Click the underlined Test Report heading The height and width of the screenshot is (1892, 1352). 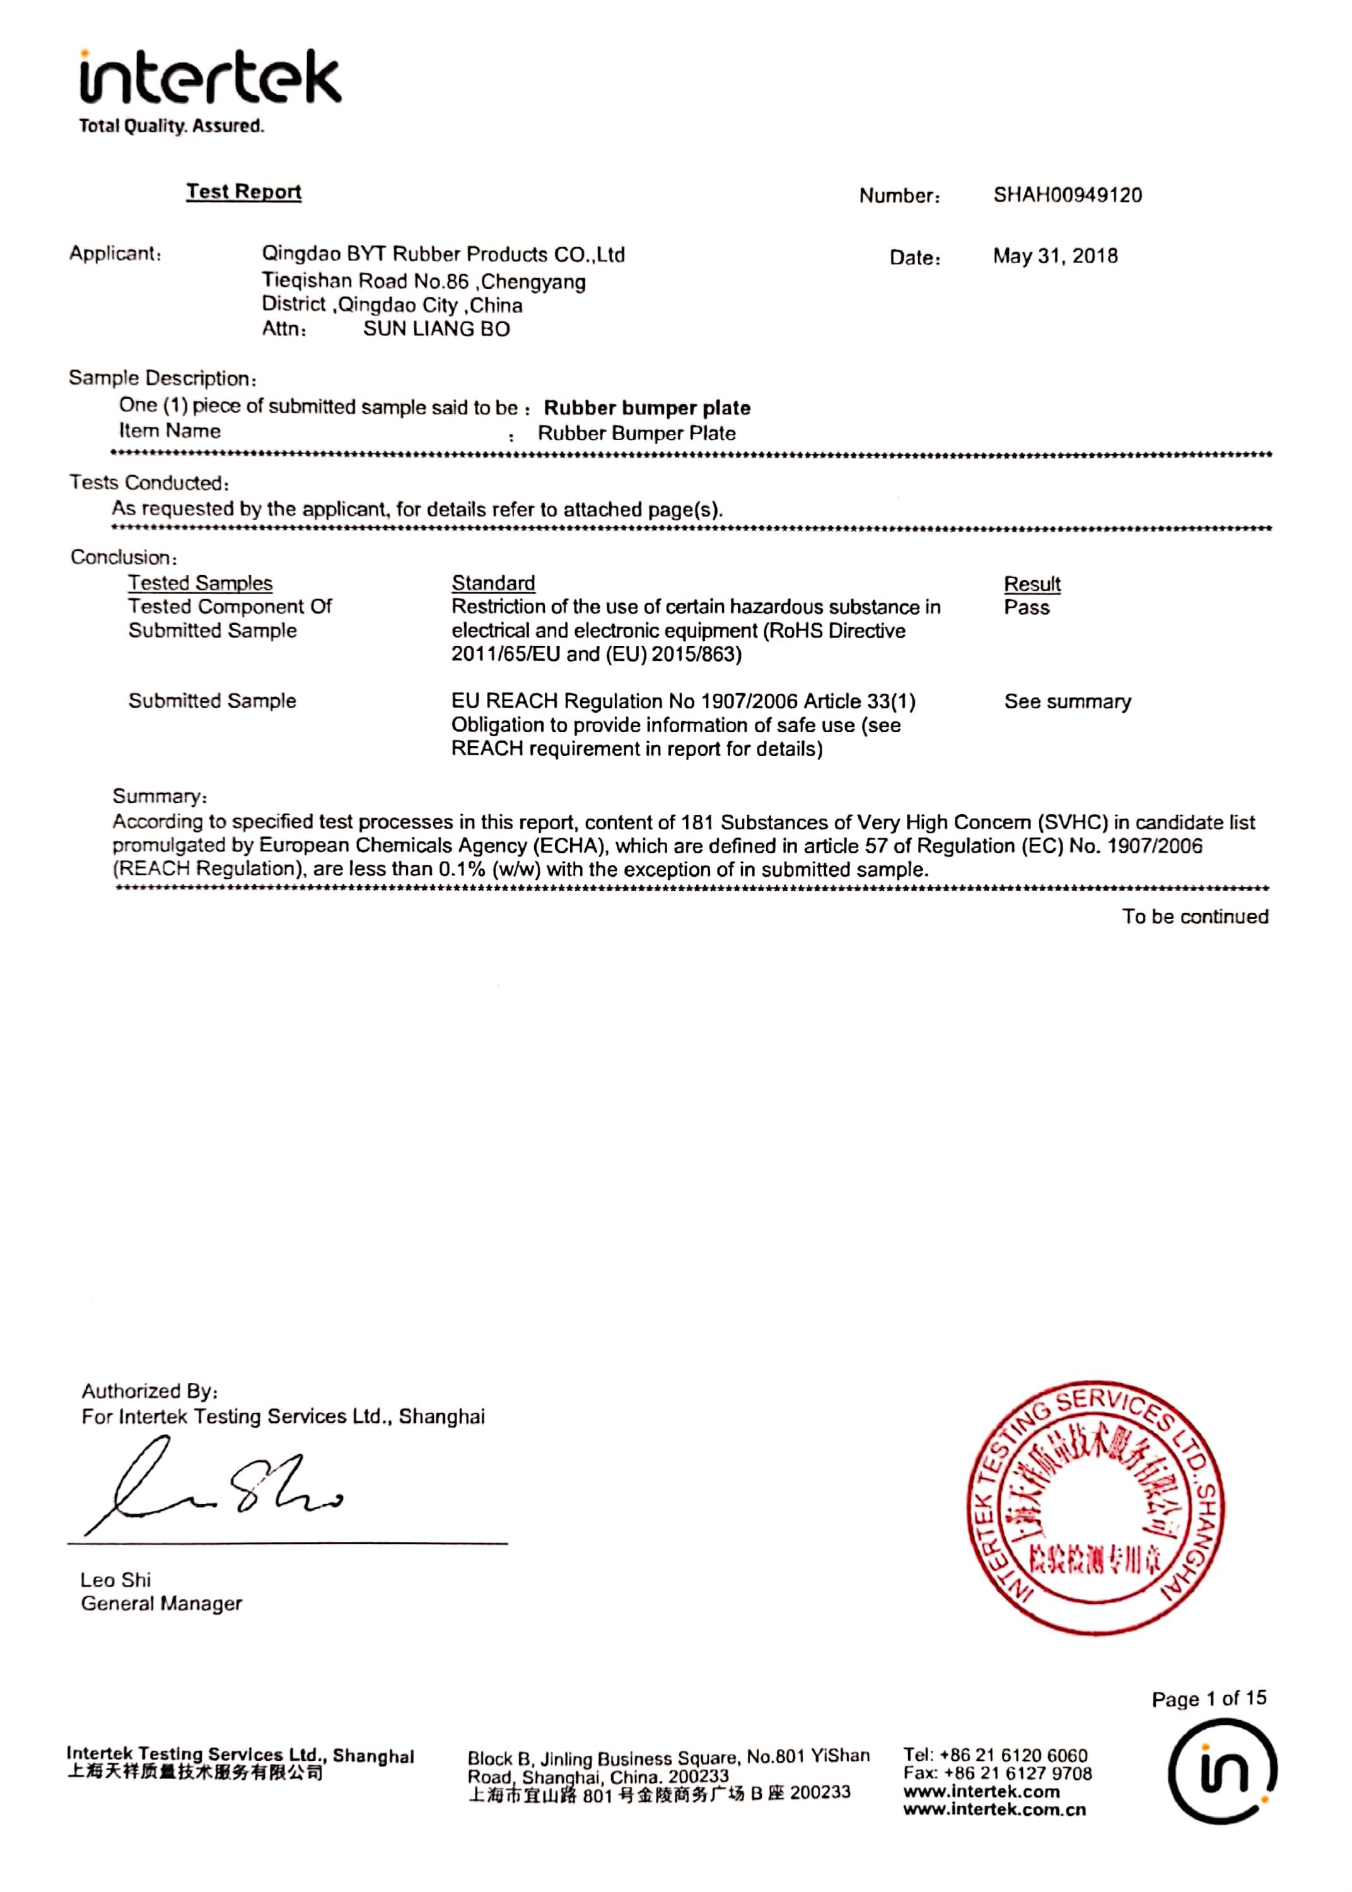[x=243, y=192]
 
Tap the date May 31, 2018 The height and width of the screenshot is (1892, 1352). [x=1055, y=257]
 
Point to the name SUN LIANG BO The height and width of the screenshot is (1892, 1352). [x=436, y=330]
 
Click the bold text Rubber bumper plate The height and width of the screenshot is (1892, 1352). [x=647, y=408]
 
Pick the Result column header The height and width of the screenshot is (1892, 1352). [x=1032, y=583]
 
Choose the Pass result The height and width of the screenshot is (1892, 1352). [x=1027, y=607]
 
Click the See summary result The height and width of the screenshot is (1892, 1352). [x=1067, y=702]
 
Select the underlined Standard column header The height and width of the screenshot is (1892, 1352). [x=493, y=583]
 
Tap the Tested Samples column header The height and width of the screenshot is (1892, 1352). [x=200, y=583]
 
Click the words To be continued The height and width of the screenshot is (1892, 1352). [x=1194, y=916]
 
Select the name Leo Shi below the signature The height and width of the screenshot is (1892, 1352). [x=116, y=1580]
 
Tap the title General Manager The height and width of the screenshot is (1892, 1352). [x=161, y=1604]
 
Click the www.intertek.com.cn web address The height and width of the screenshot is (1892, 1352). [x=995, y=1811]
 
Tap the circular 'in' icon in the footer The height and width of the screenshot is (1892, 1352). [x=1221, y=1773]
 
